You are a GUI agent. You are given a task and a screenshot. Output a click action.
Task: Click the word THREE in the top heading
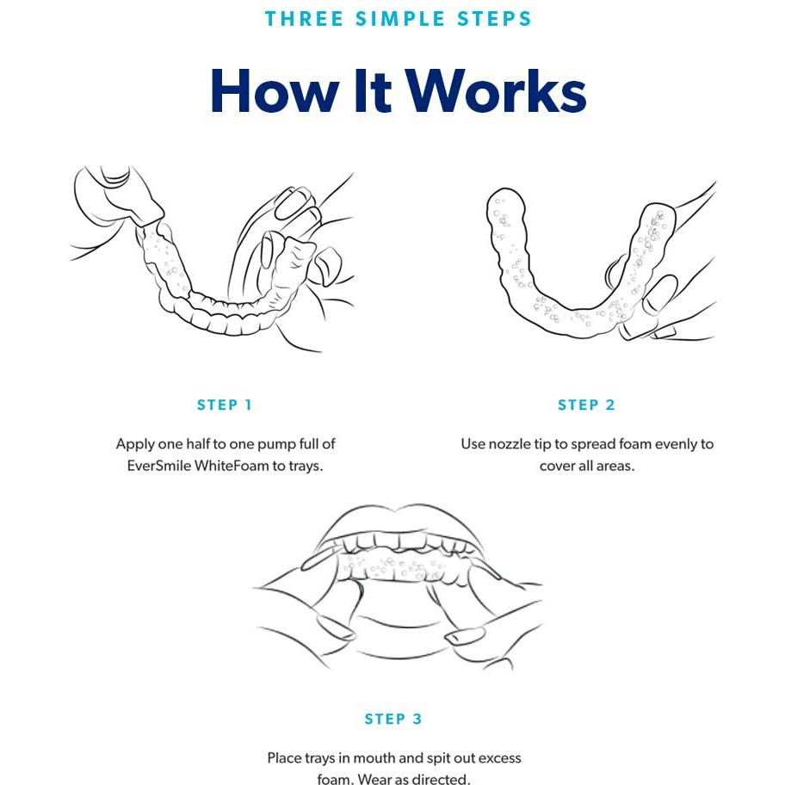tap(304, 19)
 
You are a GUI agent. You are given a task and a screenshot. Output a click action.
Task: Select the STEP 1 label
tap(225, 405)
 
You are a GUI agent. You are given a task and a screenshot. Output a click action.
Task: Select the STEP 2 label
tap(586, 405)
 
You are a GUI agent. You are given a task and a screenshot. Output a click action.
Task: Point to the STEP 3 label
tap(393, 719)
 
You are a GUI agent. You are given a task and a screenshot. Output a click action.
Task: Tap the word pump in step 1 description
tap(269, 445)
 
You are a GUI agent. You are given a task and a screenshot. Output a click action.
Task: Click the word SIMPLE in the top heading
tap(400, 19)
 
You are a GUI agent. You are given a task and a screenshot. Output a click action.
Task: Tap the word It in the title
tap(372, 91)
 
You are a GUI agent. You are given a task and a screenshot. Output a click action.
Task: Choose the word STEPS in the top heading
tap(493, 19)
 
